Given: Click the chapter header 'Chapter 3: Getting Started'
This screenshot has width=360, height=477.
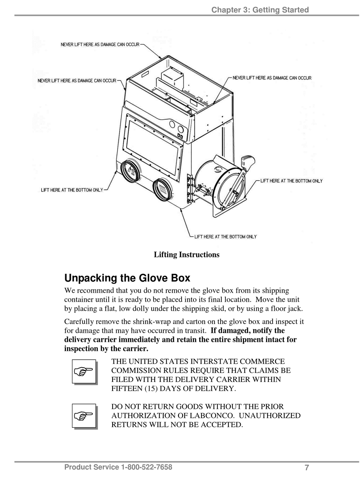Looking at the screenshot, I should (x=260, y=10).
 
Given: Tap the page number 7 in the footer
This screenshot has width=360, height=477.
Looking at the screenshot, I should (x=307, y=468).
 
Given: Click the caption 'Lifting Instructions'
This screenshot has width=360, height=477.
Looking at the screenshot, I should (x=186, y=255).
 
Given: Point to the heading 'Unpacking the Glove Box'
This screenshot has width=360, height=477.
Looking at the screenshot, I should (x=127, y=278).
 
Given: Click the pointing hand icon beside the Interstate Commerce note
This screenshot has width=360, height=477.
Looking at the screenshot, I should (x=84, y=371).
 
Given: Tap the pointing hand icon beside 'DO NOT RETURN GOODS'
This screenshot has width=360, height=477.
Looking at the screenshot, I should (x=84, y=416).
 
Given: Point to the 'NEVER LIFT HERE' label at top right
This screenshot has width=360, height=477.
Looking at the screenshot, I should (x=272, y=78).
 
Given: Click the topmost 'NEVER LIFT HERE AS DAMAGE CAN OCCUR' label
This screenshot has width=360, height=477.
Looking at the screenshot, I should (x=100, y=45).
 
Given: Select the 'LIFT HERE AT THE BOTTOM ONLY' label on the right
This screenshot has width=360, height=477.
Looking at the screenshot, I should (x=291, y=181).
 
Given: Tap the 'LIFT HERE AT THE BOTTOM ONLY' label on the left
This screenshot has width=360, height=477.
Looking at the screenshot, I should (x=72, y=190).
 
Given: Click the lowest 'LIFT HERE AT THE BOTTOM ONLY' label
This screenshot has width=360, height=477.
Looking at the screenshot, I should (x=225, y=237).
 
